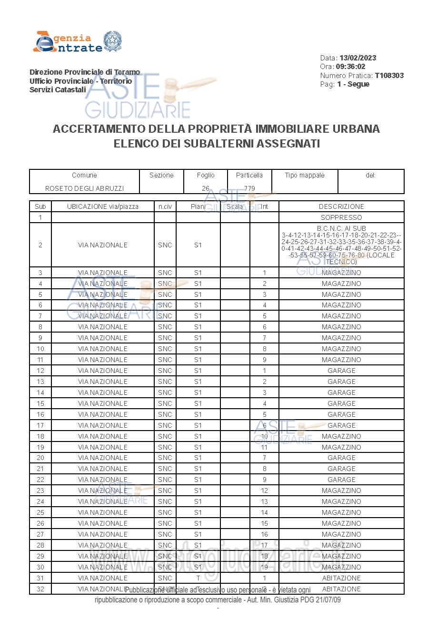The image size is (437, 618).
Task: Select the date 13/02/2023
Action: [358, 58]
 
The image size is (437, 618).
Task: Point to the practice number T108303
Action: [389, 76]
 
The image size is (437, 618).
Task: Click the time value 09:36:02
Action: [350, 67]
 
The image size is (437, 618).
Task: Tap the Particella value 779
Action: [249, 188]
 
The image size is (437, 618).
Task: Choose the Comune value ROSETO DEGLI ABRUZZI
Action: [84, 188]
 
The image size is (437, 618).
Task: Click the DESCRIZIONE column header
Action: [341, 206]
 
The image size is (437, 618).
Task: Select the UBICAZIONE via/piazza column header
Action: [103, 206]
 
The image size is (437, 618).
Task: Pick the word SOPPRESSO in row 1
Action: [341, 217]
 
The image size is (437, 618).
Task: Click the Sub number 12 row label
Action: [40, 371]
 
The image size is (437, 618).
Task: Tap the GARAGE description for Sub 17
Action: [341, 425]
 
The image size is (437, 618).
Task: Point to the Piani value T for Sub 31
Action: [198, 578]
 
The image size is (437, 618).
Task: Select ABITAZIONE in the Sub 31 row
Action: [341, 578]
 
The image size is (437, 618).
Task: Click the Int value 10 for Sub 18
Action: [264, 436]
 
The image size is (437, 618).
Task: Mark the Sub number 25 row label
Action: [40, 512]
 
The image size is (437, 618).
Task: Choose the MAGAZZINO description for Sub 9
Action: [341, 338]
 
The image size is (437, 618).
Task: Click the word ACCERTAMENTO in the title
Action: [99, 129]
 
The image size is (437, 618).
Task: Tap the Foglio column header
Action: [206, 175]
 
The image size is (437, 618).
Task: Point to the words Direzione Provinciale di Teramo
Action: [85, 72]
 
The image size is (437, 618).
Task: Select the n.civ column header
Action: [165, 206]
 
